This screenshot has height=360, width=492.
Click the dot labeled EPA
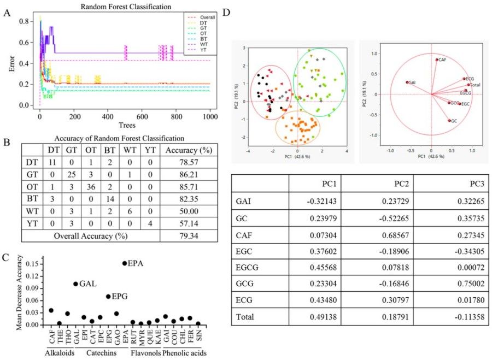point(125,263)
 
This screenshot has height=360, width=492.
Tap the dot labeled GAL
point(75,284)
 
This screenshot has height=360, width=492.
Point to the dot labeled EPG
point(108,297)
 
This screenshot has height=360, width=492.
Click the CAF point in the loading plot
point(437,60)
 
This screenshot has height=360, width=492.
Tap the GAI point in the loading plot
point(407,82)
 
